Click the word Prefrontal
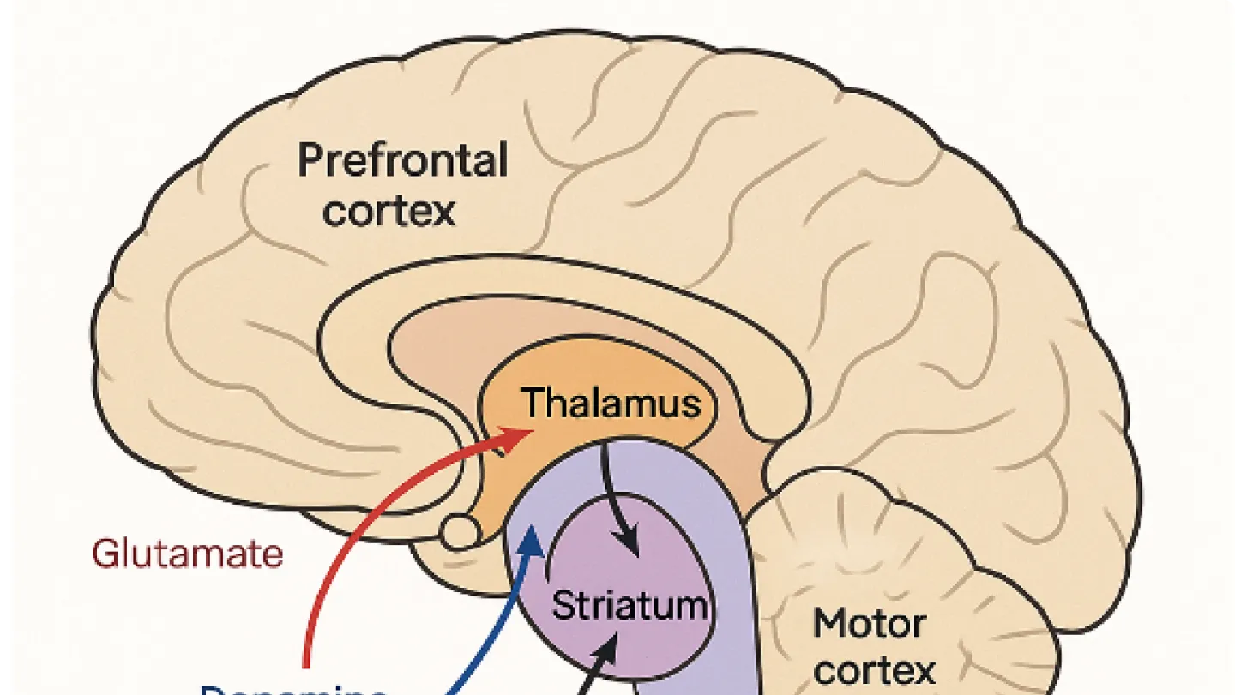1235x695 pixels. pyautogui.click(x=402, y=160)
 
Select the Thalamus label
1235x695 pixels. pyautogui.click(x=611, y=403)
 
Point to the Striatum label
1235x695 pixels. pyautogui.click(x=630, y=605)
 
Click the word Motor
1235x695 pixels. pyautogui.click(x=869, y=623)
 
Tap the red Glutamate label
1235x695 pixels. pyautogui.click(x=187, y=554)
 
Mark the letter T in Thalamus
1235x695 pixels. pyautogui.click(x=533, y=403)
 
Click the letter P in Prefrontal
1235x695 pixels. pyautogui.click(x=310, y=161)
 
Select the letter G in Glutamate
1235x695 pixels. pyautogui.click(x=104, y=554)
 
